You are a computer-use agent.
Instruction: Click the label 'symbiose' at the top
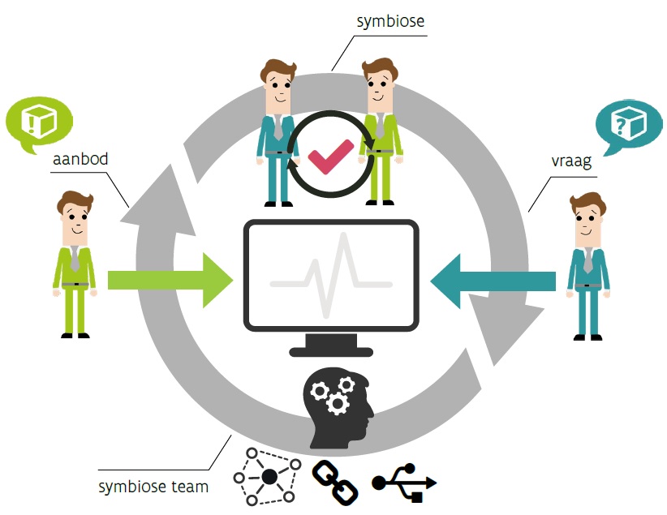click(391, 20)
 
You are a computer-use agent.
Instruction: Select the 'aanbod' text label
click(80, 159)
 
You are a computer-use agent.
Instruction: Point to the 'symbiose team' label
click(153, 487)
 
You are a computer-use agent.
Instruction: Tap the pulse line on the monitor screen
click(332, 275)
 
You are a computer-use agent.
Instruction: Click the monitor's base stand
click(332, 349)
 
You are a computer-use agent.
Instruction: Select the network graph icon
click(268, 477)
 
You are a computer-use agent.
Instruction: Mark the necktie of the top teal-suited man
click(278, 125)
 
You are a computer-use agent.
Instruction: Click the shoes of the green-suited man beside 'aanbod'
click(75, 334)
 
